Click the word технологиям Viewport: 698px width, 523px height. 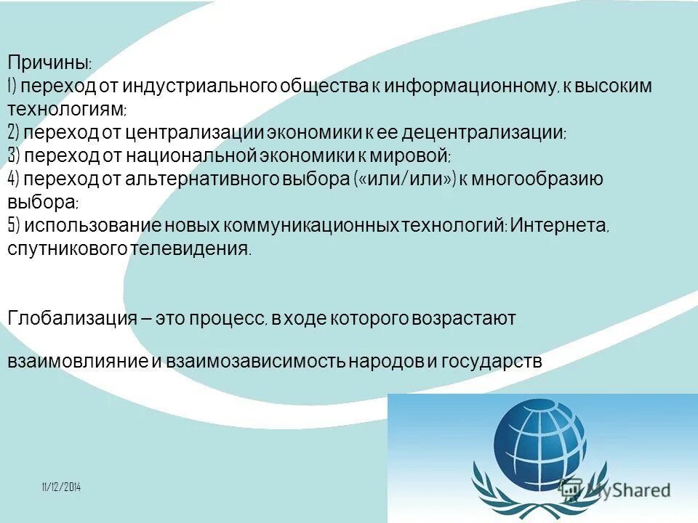pos(65,110)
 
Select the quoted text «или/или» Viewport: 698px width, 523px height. pos(405,179)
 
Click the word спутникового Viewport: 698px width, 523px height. pos(68,248)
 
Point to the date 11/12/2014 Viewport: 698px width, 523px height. pos(61,487)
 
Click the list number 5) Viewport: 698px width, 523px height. pos(15,225)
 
